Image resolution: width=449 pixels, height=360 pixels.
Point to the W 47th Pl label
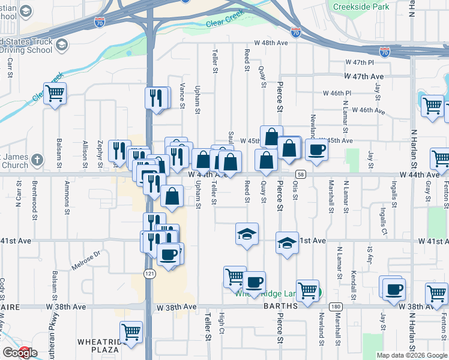pos(360,62)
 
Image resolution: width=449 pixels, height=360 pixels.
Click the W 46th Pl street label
pos(338,94)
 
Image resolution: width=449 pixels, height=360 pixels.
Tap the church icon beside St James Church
pos(37,160)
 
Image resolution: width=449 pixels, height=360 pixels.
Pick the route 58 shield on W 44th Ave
pos(301,174)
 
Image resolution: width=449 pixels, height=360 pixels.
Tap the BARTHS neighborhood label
pos(281,306)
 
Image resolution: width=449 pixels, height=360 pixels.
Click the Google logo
pos(20,353)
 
